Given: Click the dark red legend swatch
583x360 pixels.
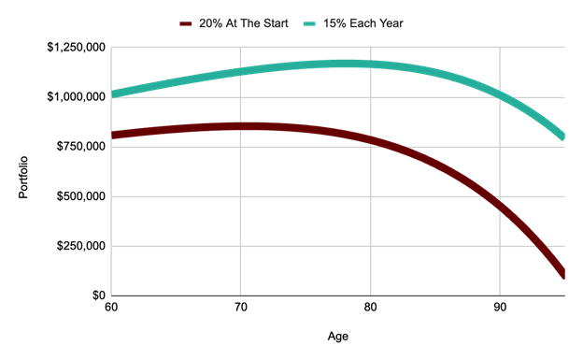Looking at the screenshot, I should (186, 22).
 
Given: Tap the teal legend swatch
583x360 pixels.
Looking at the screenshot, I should (310, 22).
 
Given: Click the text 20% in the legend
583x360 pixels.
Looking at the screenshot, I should (210, 22).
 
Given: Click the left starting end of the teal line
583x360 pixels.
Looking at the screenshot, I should (112, 94).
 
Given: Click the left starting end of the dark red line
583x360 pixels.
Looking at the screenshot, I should (112, 136).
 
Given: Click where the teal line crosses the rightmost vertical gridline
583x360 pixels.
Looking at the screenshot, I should (501, 94).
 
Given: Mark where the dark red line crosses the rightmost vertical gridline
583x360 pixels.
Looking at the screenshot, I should (501, 205).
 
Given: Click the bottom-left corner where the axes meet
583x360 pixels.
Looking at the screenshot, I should (111, 295).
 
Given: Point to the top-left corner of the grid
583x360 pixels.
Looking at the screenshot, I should (111, 47).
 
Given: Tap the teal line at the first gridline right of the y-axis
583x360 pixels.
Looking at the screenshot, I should (241, 72).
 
